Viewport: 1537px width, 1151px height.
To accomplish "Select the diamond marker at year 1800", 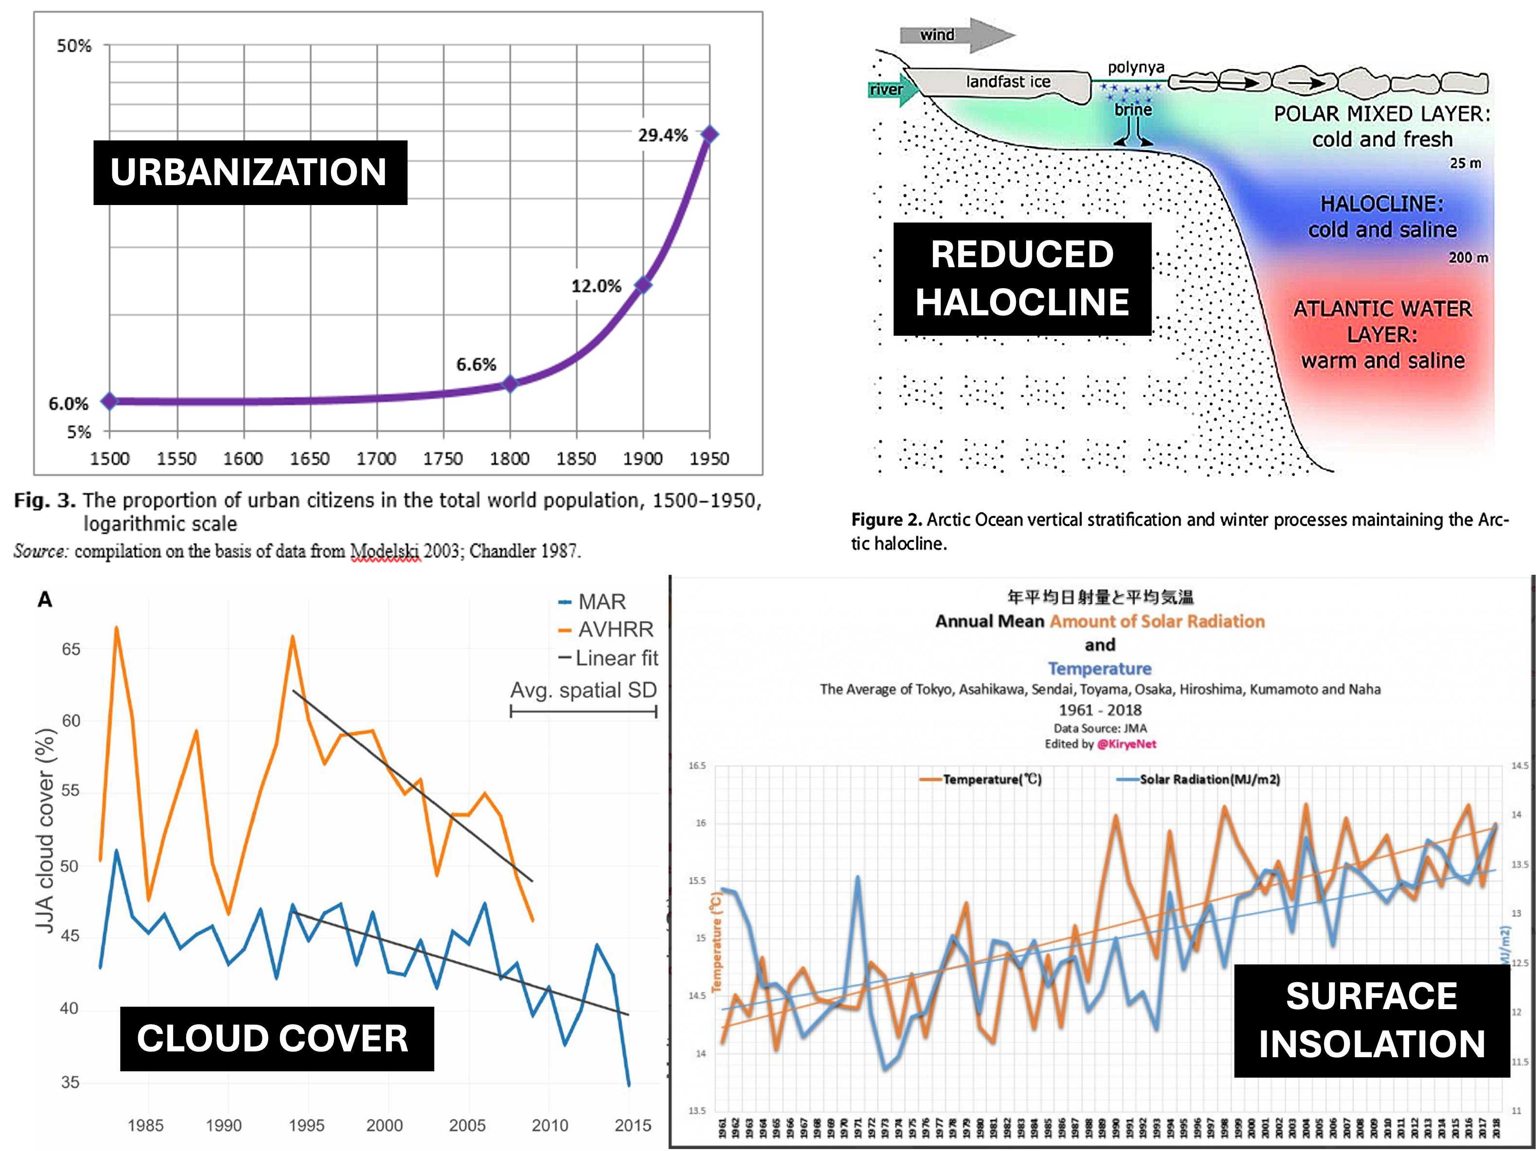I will pyautogui.click(x=510, y=383).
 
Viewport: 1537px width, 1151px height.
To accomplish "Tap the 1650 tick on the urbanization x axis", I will pyautogui.click(x=309, y=459).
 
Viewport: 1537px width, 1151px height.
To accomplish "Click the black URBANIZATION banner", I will pyautogui.click(x=250, y=172).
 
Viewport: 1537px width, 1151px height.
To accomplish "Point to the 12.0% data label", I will pyautogui.click(x=595, y=286).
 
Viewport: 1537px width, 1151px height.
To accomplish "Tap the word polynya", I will pyautogui.click(x=1135, y=68).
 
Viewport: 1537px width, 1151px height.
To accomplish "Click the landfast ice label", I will pyautogui.click(x=1008, y=82).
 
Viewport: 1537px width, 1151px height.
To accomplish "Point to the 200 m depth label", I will pyautogui.click(x=1467, y=258).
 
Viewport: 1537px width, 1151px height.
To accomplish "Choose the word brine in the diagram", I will pyautogui.click(x=1133, y=110).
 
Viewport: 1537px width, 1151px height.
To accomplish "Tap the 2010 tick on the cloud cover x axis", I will pyautogui.click(x=550, y=1125).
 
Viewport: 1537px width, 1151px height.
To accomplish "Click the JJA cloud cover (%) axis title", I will pyautogui.click(x=46, y=830).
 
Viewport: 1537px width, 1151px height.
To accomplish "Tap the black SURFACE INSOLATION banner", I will pyautogui.click(x=1372, y=1020).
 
